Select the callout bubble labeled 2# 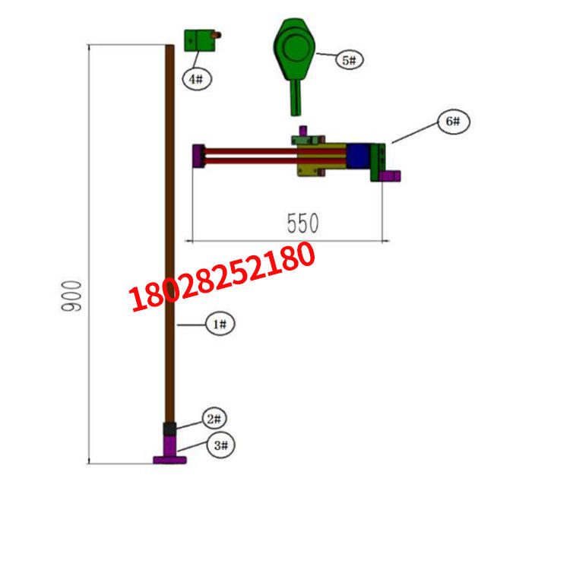215,419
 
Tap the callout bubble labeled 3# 221,445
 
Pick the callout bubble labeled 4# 196,78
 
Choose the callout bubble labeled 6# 453,122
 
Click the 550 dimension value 302,223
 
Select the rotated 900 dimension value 72,296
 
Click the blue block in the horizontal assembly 359,157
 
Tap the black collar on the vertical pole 170,429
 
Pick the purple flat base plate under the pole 170,460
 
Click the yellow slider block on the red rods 312,160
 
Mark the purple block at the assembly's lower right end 391,176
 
